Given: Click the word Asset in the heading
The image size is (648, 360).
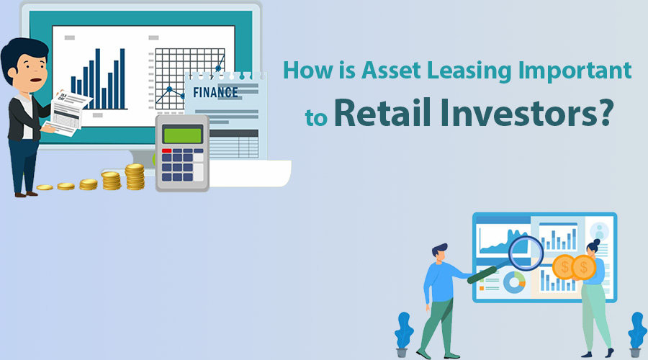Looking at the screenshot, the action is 392,71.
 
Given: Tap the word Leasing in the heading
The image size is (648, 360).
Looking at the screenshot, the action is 469,71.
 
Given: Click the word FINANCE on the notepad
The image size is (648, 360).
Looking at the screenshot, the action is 215,92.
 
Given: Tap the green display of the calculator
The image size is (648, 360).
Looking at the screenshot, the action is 182,135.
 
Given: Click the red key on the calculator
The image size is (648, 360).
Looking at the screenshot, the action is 166,151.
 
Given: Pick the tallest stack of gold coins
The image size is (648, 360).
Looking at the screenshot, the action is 135,176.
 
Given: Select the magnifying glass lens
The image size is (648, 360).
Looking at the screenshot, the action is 526,253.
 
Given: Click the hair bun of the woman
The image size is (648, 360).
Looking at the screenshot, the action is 596,241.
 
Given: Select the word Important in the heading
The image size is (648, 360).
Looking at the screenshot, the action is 575,71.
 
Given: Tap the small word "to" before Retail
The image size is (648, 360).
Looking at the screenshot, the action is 316,118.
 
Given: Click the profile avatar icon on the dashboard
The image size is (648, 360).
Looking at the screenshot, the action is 599,231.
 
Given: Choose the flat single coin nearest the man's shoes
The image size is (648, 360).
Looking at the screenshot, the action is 45,188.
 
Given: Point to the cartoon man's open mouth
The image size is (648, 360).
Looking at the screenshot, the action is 37,80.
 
